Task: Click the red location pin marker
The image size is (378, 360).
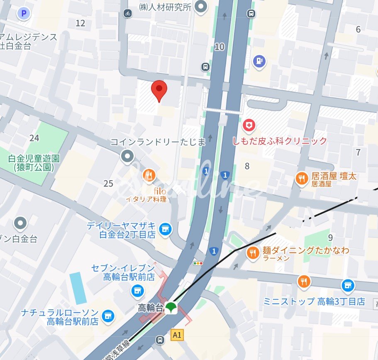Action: point(159,90)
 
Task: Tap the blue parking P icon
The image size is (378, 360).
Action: point(24,14)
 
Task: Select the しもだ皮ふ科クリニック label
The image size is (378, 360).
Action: point(280,141)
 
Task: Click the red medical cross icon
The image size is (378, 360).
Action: point(249,125)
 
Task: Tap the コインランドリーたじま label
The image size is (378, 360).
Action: point(158,142)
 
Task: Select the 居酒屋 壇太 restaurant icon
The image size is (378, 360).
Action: point(302,179)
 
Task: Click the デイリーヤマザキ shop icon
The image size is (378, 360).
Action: point(166,229)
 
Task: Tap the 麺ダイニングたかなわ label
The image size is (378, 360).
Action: point(306,250)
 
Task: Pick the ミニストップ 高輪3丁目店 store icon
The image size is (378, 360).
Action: point(348,285)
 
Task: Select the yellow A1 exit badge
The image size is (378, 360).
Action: point(177,334)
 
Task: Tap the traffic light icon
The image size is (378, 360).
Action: point(198,263)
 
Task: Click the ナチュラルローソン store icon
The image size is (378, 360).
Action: point(108,316)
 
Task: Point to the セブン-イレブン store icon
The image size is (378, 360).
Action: point(137,291)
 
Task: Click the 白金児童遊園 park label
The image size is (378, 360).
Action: point(33,163)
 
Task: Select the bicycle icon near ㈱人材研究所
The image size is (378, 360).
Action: point(127,13)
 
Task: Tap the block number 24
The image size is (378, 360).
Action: point(34,138)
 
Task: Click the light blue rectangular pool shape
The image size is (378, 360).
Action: point(78,288)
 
